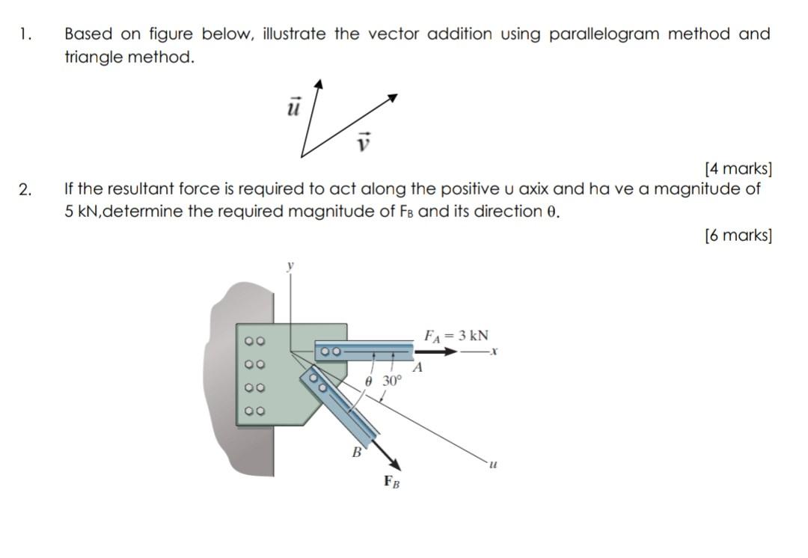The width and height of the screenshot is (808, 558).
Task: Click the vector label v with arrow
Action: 364,141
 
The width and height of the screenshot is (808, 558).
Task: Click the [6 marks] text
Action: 738,236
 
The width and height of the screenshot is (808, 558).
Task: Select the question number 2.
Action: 25,189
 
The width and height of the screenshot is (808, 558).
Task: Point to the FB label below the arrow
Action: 391,481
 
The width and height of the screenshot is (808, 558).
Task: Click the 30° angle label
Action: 392,380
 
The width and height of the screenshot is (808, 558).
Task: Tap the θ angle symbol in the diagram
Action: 368,381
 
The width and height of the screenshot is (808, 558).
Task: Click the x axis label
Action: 495,352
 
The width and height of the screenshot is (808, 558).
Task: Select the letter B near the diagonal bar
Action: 357,451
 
